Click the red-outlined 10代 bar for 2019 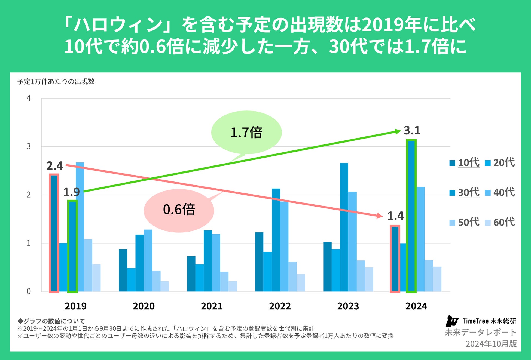(x=54, y=233)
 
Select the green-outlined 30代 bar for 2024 (x=411, y=216)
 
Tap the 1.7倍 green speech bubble (x=246, y=133)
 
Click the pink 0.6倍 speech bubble (x=179, y=210)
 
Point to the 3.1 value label (x=412, y=131)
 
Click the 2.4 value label (x=55, y=166)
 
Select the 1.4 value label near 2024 (x=395, y=216)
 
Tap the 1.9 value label (x=71, y=192)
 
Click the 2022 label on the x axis (x=280, y=306)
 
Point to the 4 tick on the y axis (x=29, y=98)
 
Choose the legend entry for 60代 (x=501, y=222)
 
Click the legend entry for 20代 (x=501, y=163)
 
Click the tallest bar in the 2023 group (x=344, y=227)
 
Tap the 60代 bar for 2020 (x=164, y=286)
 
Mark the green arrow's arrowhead (x=398, y=132)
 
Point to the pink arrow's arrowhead (x=379, y=216)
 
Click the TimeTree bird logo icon (x=452, y=321)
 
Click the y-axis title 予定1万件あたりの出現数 (x=56, y=82)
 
